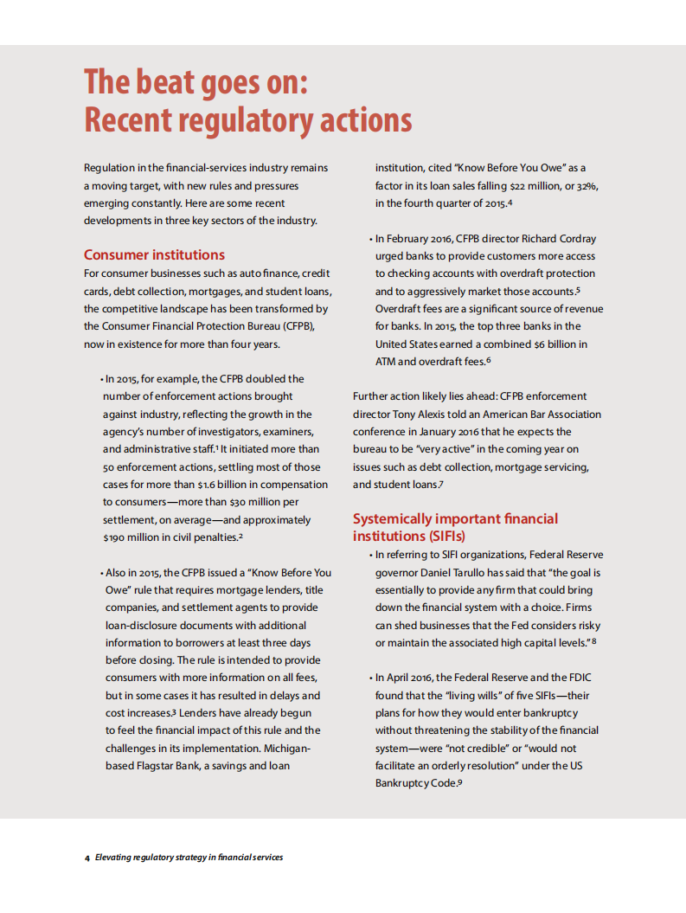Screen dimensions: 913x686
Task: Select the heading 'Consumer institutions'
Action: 154,254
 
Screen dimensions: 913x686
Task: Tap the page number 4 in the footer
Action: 87,858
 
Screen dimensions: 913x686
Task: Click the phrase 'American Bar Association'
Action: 540,414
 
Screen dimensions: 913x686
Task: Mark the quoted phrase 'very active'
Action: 446,449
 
